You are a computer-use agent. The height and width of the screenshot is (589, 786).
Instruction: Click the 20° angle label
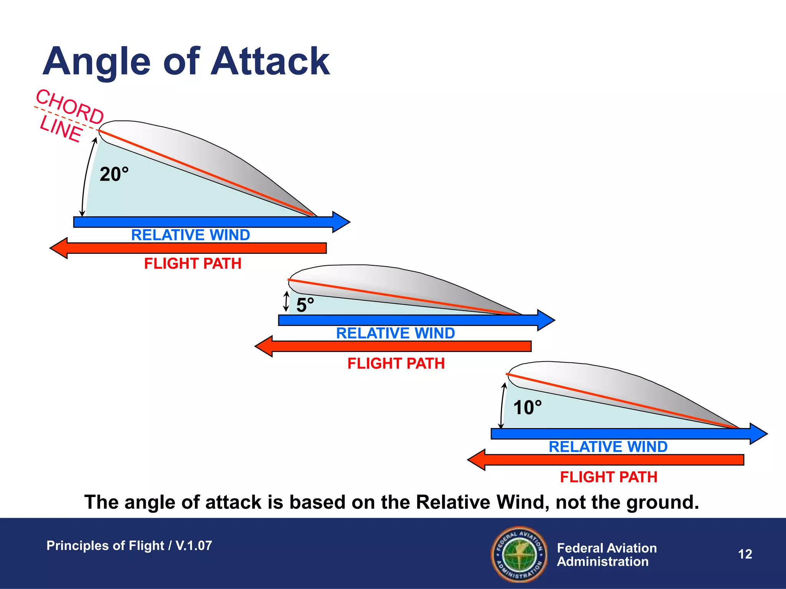[x=114, y=174]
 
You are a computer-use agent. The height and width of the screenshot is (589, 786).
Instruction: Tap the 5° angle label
[x=305, y=305]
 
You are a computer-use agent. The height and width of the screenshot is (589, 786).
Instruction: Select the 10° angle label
[x=527, y=408]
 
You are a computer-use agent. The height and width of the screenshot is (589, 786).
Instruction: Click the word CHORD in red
[x=69, y=107]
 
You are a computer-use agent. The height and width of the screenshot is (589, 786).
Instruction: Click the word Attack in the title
[x=270, y=61]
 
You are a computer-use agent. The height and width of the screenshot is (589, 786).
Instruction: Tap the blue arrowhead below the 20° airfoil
[x=340, y=222]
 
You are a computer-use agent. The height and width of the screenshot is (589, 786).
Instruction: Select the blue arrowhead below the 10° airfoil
[x=758, y=434]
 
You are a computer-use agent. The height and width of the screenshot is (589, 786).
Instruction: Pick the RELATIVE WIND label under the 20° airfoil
[x=190, y=235]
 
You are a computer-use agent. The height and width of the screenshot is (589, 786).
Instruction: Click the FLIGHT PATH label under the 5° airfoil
[x=396, y=364]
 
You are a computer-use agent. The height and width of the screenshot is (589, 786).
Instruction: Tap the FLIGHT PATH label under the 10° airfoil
[x=608, y=477]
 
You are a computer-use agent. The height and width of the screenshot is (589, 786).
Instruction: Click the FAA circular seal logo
[x=519, y=554]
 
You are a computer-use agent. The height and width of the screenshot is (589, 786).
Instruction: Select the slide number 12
[x=745, y=554]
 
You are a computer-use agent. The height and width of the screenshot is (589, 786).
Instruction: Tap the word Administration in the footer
[x=603, y=562]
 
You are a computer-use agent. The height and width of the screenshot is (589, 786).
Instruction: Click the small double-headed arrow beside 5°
[x=286, y=301]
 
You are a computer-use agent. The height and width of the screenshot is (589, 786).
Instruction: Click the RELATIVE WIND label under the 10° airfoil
[x=608, y=447]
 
